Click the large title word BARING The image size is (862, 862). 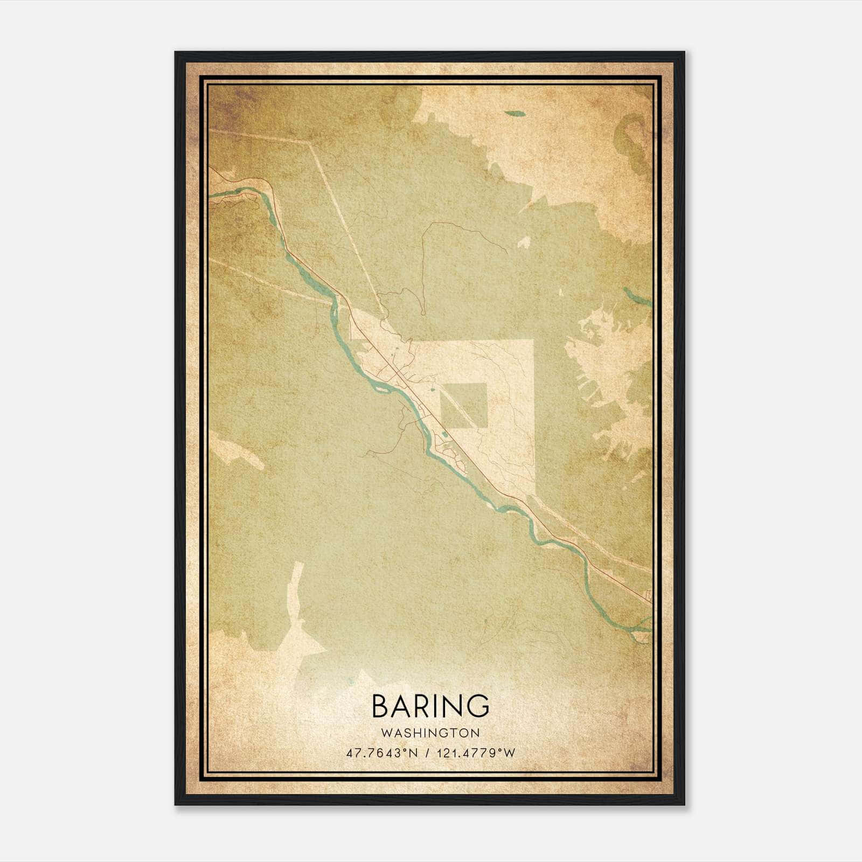click(x=430, y=706)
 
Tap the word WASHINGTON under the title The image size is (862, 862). click(x=430, y=733)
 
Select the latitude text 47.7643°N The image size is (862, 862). click(x=383, y=753)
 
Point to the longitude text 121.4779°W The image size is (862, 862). click(x=476, y=753)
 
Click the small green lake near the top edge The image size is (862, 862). click(x=515, y=114)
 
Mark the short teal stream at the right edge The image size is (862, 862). click(x=637, y=297)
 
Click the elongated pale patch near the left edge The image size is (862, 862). click(x=237, y=450)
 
